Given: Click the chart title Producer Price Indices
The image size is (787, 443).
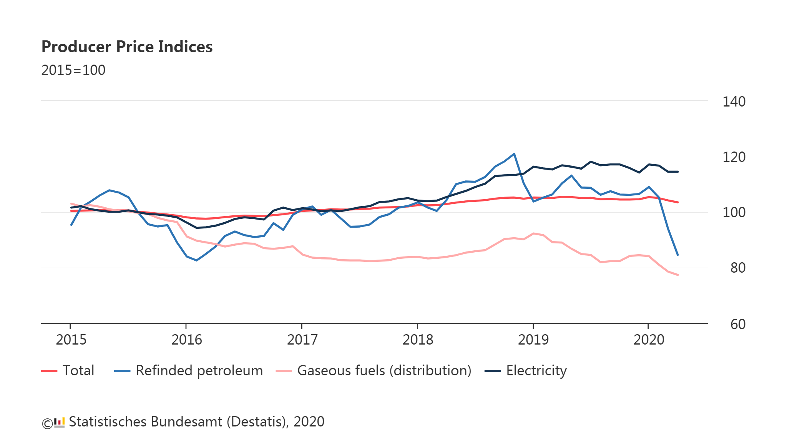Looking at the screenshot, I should click(127, 47).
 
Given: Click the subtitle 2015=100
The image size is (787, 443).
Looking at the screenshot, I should click(73, 70).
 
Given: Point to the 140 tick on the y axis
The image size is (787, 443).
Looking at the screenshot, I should click(734, 102).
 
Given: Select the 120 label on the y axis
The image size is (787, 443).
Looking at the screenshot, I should click(734, 157).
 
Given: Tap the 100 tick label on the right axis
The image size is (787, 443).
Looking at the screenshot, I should click(734, 213).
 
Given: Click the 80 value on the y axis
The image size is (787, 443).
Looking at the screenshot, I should click(737, 268).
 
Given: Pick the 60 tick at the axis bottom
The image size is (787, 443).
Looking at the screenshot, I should click(737, 325).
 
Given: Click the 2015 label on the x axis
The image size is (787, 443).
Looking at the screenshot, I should click(71, 340).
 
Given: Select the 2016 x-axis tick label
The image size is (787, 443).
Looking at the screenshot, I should click(186, 340).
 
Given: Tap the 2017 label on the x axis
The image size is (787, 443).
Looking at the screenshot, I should click(302, 340).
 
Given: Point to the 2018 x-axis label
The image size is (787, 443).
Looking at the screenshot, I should click(418, 340).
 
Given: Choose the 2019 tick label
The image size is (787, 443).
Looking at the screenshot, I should click(533, 340).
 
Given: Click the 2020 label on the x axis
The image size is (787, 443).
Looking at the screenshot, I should click(649, 340).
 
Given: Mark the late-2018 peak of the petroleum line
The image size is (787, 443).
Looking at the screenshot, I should click(514, 154).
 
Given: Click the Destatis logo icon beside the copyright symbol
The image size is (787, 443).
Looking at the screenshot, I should click(59, 422).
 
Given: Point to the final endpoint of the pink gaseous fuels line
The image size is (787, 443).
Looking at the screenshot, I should click(677, 275).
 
